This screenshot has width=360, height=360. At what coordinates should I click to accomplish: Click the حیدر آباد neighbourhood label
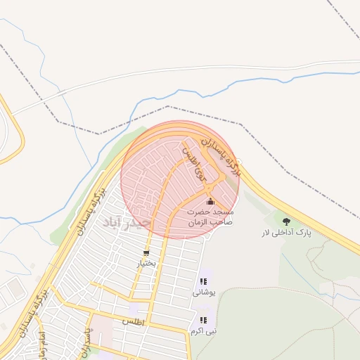pyautogui.click(x=127, y=224)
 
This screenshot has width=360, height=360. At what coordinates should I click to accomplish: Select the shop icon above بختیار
pyautogui.click(x=146, y=253)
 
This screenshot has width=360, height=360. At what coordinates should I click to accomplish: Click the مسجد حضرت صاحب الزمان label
pyautogui.click(x=210, y=217)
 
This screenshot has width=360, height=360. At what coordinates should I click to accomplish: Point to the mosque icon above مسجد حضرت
pyautogui.click(x=210, y=202)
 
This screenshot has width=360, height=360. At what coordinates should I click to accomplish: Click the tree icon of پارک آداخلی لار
pyautogui.click(x=286, y=221)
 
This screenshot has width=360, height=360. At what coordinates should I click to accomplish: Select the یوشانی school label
pyautogui.click(x=204, y=292)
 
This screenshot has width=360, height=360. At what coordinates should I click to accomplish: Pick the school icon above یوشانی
pyautogui.click(x=204, y=282)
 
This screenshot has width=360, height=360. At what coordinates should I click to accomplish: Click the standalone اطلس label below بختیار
pyautogui.click(x=133, y=321)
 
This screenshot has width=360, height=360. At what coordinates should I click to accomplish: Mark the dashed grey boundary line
pyautogui.click(x=169, y=107)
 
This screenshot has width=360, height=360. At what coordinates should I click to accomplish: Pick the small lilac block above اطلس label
pyautogui.click(x=134, y=309)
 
